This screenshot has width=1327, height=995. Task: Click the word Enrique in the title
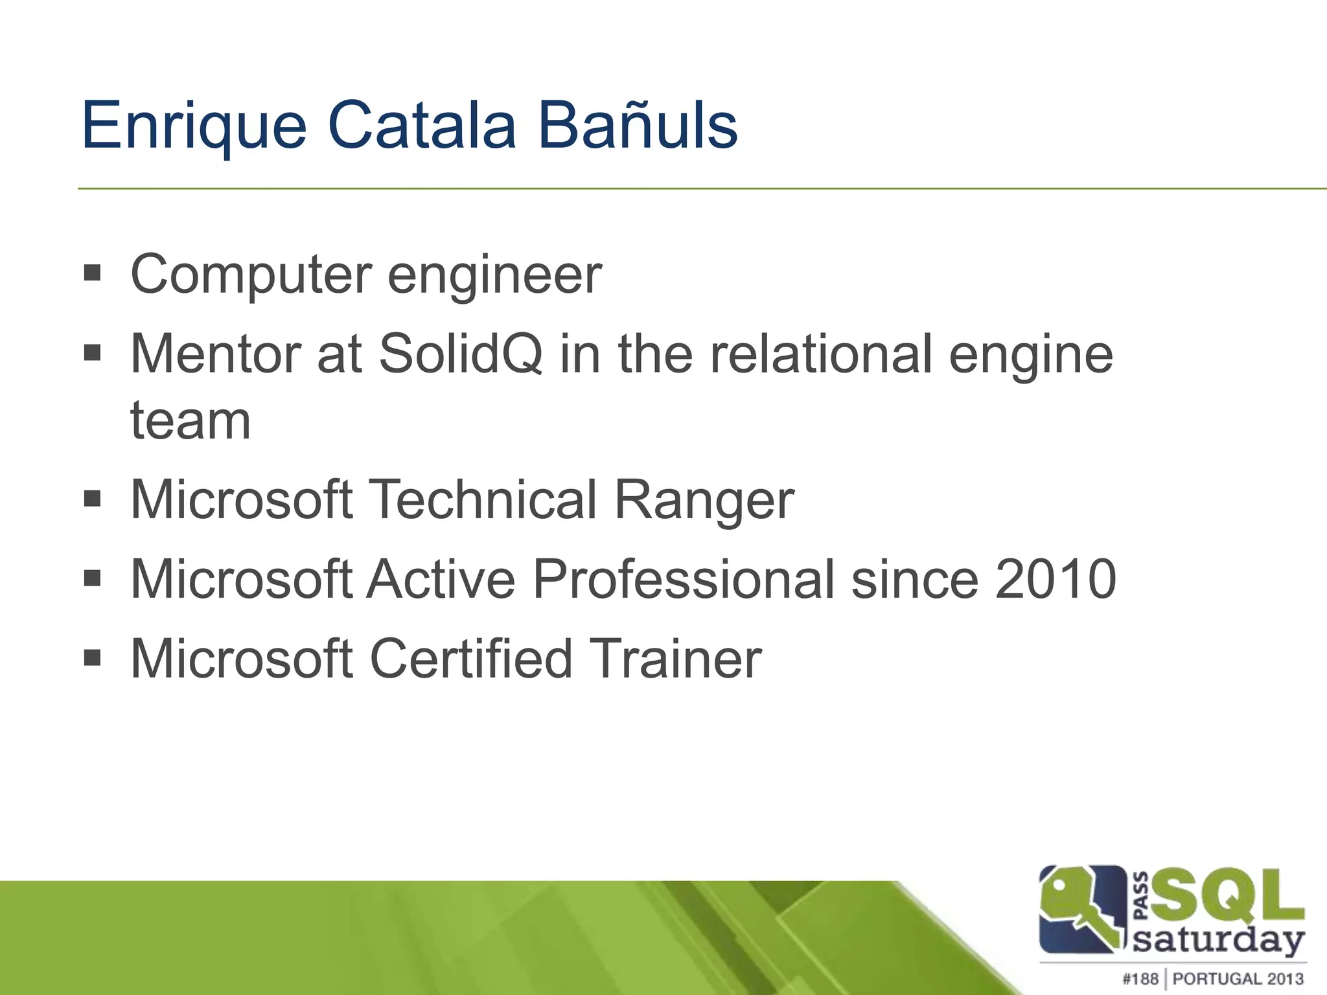click(x=193, y=126)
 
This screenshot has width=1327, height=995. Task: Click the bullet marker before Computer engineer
click(x=93, y=273)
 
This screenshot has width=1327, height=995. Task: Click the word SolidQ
click(x=460, y=354)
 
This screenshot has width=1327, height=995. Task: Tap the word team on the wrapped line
click(x=190, y=421)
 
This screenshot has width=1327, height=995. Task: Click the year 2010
click(x=1056, y=579)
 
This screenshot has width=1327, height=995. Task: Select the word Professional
click(x=683, y=579)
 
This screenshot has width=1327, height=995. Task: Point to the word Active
click(x=441, y=579)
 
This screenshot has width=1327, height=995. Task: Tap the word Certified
click(x=471, y=659)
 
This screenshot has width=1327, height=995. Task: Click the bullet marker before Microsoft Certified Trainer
click(x=93, y=659)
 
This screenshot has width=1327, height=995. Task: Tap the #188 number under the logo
click(x=1140, y=979)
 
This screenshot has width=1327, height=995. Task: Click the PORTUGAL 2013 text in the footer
click(x=1238, y=979)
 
